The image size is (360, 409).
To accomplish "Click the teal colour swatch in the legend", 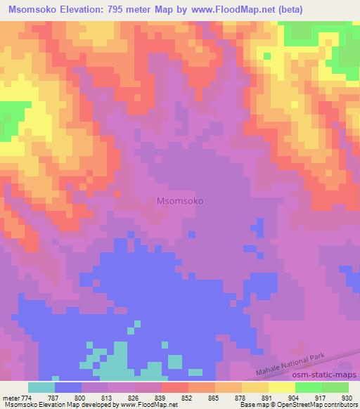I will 41,387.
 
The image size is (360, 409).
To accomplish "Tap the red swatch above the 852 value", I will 174,387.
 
